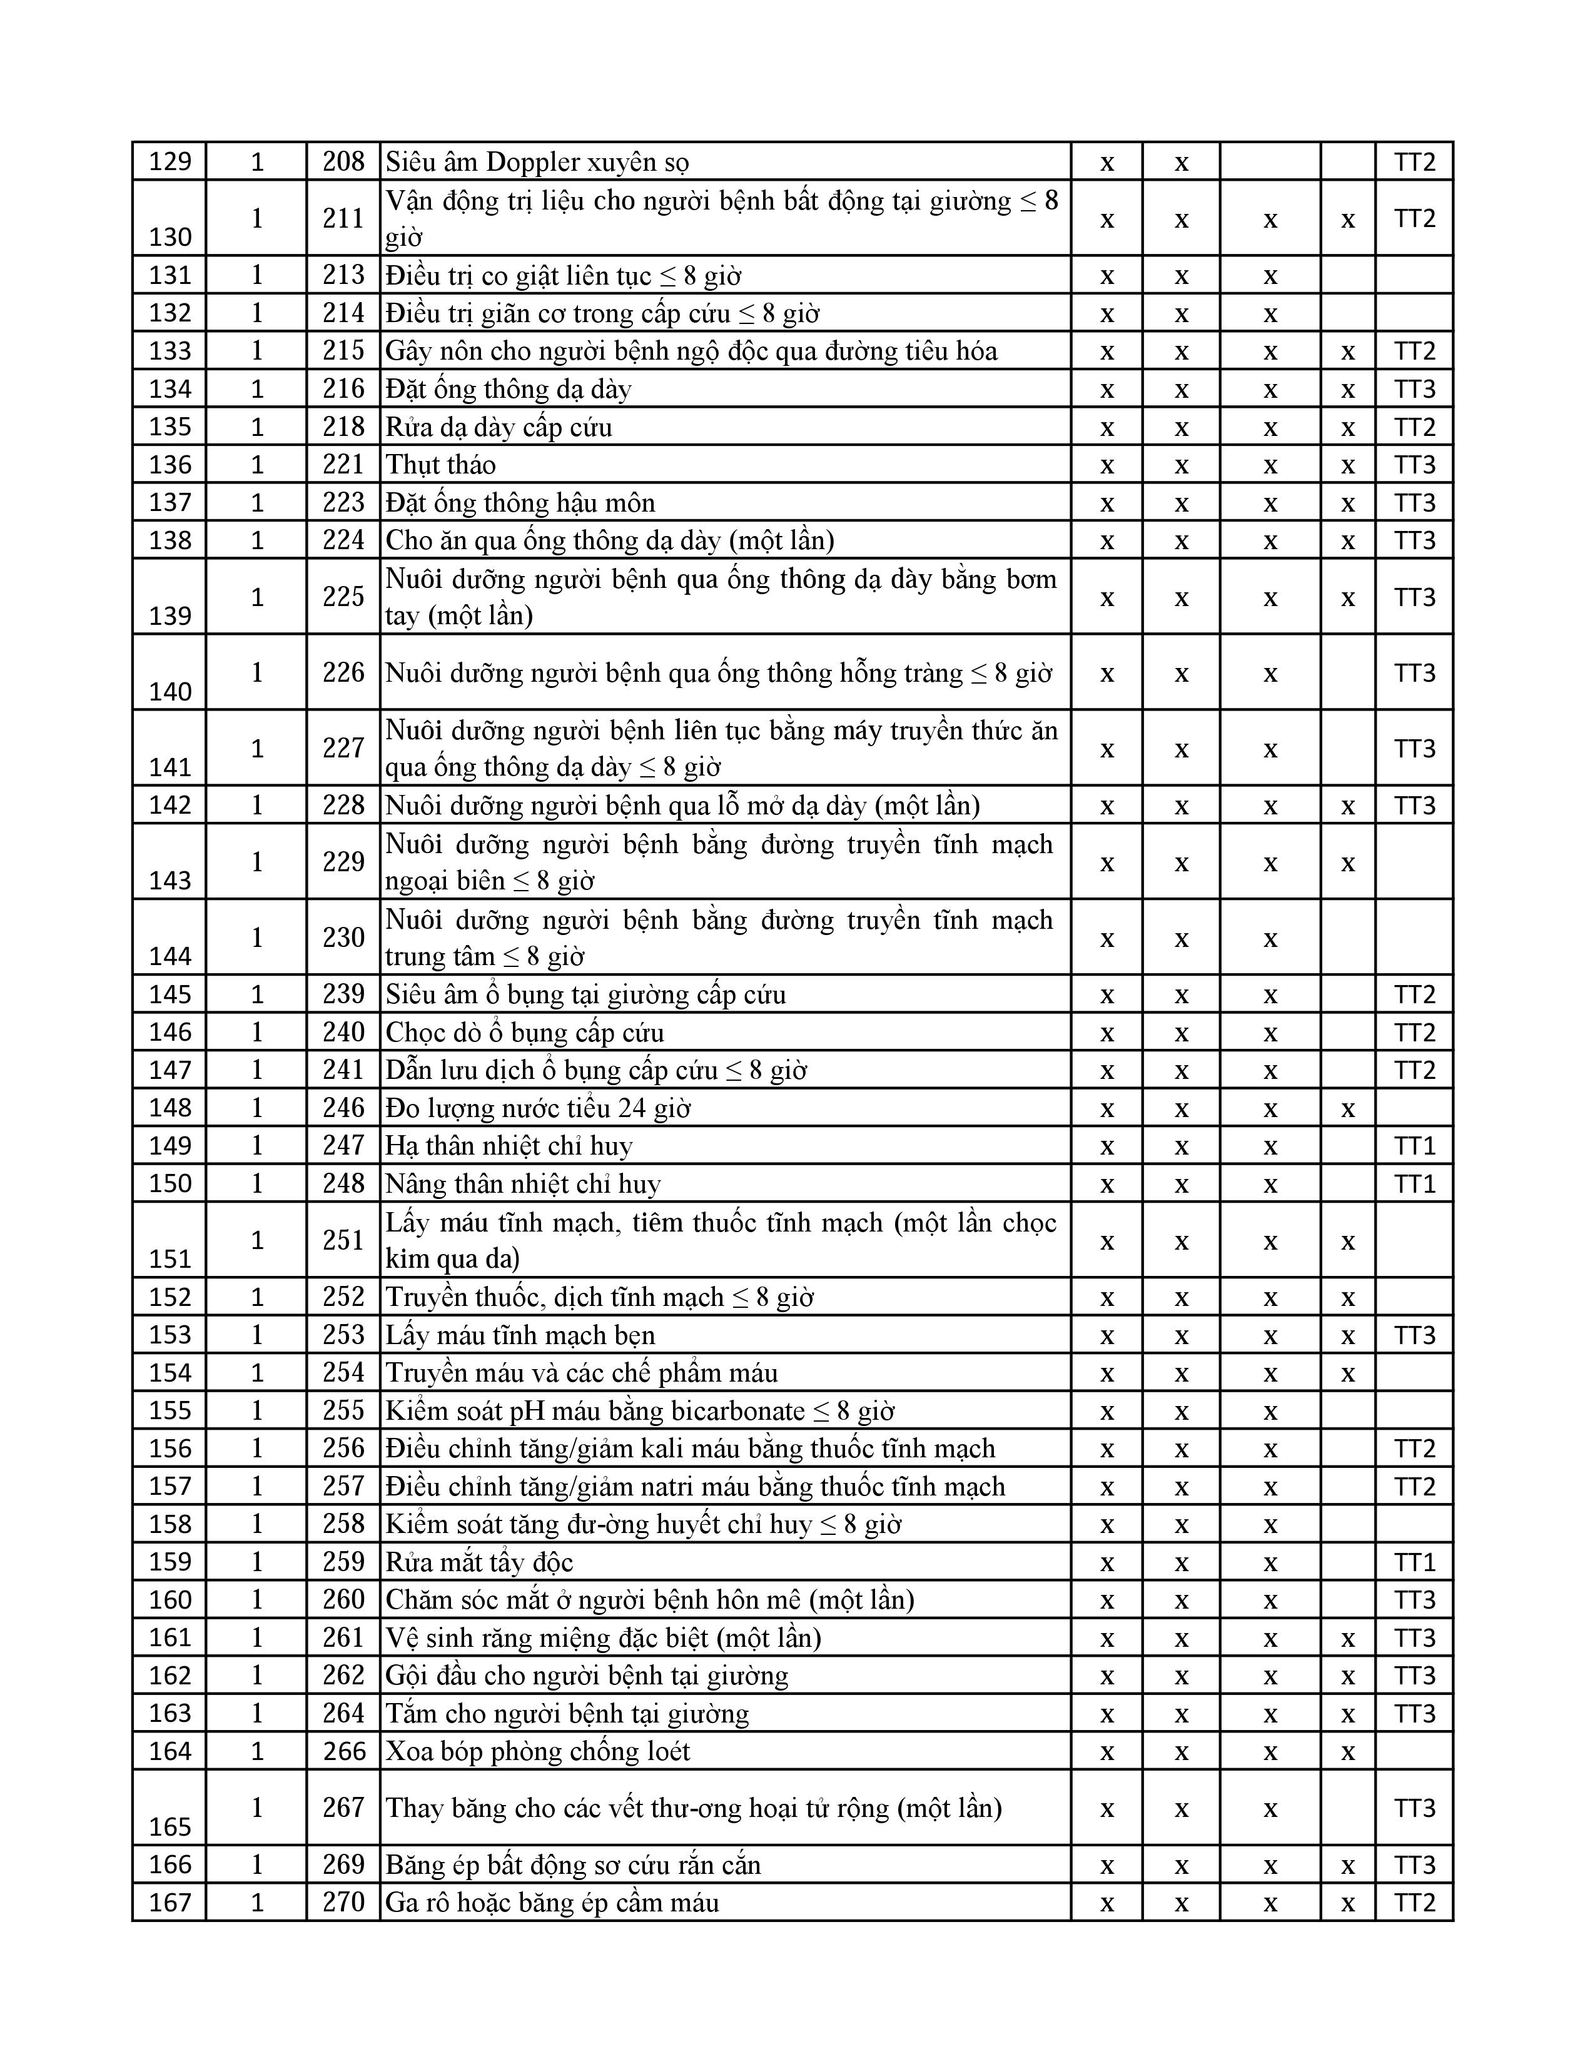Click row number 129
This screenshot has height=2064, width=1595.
[170, 161]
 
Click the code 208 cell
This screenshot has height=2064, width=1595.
[343, 161]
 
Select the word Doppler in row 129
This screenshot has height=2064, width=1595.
[532, 163]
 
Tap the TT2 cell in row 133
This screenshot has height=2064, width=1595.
[1414, 352]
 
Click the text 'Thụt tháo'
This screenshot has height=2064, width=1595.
[440, 465]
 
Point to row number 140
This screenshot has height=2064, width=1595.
[170, 692]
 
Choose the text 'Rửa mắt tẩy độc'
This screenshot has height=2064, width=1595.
[479, 1562]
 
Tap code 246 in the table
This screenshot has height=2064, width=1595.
[343, 1108]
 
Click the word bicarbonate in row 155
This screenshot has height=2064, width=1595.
[737, 1411]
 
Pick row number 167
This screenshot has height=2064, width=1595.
[170, 1903]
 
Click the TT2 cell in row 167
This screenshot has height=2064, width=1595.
[1414, 1903]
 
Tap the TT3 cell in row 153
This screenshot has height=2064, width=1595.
[1414, 1335]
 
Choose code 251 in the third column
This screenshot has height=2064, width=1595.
[343, 1240]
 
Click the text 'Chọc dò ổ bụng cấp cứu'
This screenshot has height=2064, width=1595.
[524, 1032]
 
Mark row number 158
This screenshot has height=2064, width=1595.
[170, 1524]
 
